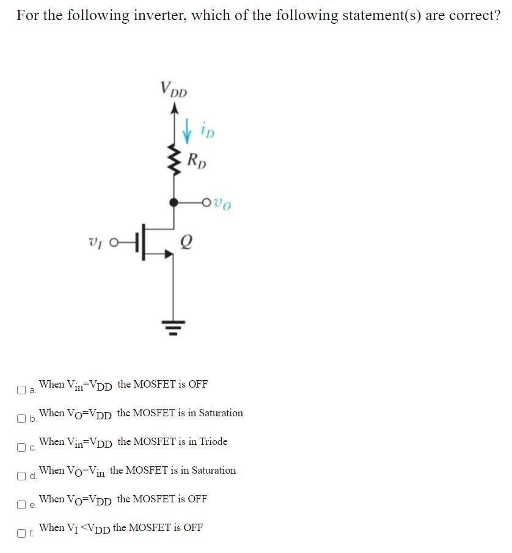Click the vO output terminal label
click(x=224, y=201)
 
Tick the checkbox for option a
click(x=21, y=389)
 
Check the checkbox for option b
click(x=21, y=419)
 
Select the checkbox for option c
click(x=21, y=447)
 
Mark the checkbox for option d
click(x=21, y=476)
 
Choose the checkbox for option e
click(x=21, y=505)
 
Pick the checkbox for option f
click(x=21, y=533)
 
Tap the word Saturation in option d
click(x=212, y=470)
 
